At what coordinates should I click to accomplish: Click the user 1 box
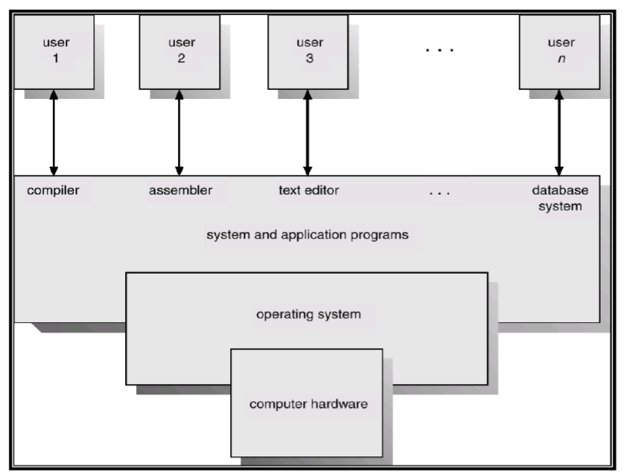[54, 52]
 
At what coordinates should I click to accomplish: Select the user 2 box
[180, 52]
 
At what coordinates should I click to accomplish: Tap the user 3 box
[308, 52]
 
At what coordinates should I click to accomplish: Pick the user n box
[559, 52]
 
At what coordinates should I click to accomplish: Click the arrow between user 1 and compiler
[54, 133]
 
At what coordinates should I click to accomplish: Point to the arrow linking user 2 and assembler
[179, 133]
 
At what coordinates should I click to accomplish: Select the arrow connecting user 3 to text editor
[307, 133]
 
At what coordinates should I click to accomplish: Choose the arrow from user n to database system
[559, 133]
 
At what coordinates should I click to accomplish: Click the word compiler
[53, 191]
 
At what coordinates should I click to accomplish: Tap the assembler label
[181, 190]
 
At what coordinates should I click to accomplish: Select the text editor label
[309, 190]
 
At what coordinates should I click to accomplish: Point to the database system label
[560, 199]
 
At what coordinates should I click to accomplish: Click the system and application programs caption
[307, 235]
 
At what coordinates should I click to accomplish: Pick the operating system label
[308, 315]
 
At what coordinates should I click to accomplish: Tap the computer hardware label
[308, 404]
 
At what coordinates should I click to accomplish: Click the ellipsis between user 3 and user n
[440, 50]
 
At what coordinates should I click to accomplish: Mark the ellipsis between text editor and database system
[440, 194]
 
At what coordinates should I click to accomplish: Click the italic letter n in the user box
[562, 59]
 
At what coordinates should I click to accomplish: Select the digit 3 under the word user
[310, 59]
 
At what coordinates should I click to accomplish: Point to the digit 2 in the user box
[181, 59]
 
